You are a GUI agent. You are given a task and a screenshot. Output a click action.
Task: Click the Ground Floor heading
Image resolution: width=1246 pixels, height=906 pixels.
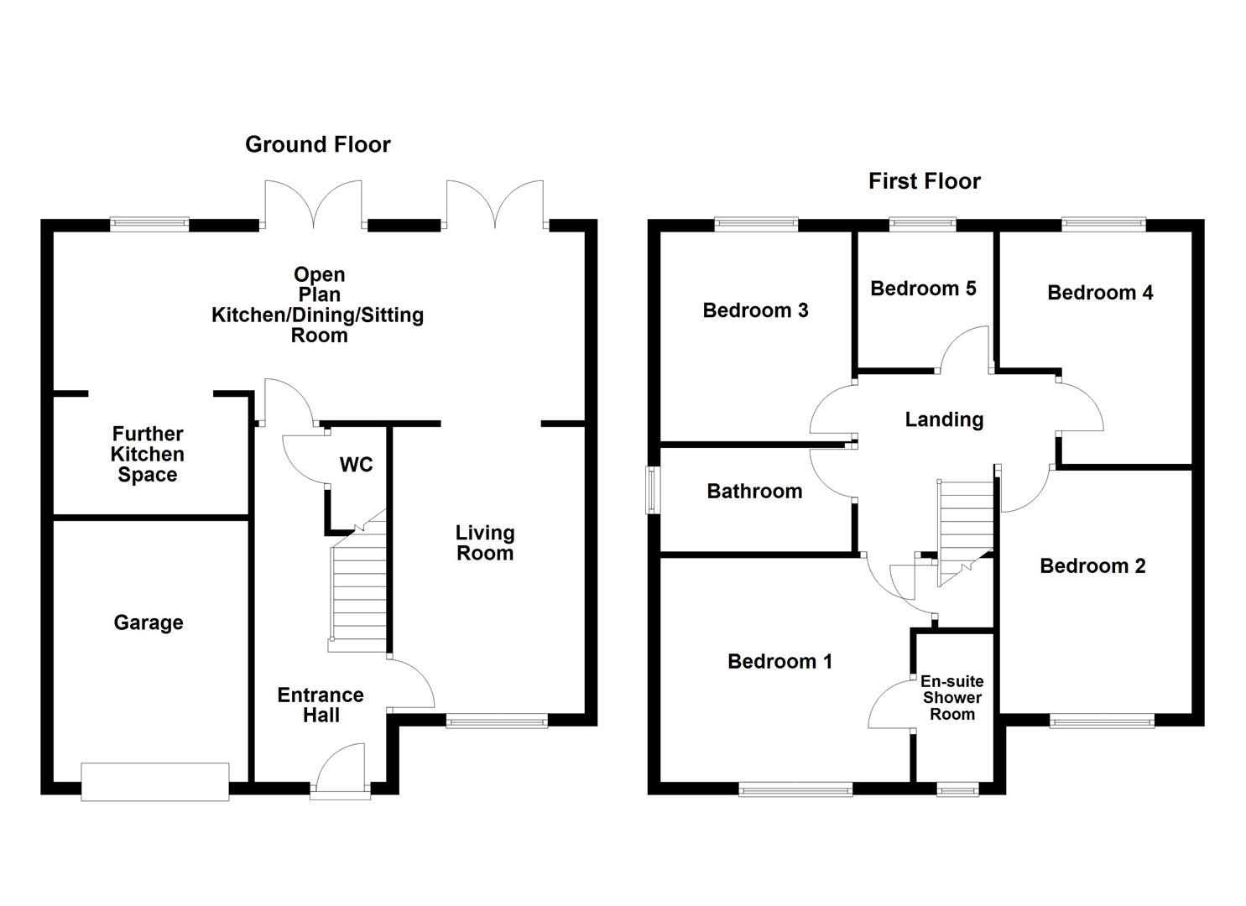pyautogui.click(x=317, y=144)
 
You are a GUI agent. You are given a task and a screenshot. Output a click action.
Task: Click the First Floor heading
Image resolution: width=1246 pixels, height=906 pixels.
pyautogui.click(x=924, y=181)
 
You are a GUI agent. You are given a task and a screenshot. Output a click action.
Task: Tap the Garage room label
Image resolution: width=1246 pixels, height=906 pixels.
pyautogui.click(x=149, y=622)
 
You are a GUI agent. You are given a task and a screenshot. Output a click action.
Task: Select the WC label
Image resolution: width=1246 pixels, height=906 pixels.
pyautogui.click(x=356, y=465)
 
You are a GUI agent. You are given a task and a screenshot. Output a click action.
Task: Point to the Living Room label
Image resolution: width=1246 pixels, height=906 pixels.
pyautogui.click(x=484, y=543)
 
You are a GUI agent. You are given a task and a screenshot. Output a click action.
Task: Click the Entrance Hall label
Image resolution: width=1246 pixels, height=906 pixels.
pyautogui.click(x=321, y=705)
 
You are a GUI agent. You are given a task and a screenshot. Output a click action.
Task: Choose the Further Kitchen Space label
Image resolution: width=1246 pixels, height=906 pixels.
pyautogui.click(x=148, y=454)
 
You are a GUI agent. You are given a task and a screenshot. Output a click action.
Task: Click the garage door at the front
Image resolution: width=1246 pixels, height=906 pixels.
pyautogui.click(x=155, y=782)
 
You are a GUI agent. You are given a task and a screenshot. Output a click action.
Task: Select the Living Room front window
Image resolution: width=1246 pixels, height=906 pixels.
pyautogui.click(x=497, y=720)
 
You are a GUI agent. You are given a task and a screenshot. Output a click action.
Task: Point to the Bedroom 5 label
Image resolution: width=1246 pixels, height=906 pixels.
pyautogui.click(x=923, y=289)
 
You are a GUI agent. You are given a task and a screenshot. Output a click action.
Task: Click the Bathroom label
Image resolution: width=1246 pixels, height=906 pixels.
pyautogui.click(x=754, y=491)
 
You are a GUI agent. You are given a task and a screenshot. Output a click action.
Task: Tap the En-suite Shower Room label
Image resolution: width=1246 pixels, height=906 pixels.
pyautogui.click(x=951, y=698)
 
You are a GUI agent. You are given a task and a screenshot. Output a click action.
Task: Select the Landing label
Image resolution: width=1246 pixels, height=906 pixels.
pyautogui.click(x=944, y=419)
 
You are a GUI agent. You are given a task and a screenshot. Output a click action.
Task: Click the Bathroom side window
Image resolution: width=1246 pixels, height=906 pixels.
pyautogui.click(x=652, y=490)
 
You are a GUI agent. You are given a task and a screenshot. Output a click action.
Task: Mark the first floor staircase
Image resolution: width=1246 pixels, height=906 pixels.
pyautogui.click(x=965, y=528)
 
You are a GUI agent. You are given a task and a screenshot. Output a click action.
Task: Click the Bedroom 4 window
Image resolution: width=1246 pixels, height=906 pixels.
pyautogui.click(x=1103, y=223)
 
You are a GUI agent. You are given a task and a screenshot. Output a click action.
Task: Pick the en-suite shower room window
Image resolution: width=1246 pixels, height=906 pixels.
pyautogui.click(x=957, y=789)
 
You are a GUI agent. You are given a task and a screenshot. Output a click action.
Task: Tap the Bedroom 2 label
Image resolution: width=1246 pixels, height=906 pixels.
pyautogui.click(x=1092, y=566)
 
